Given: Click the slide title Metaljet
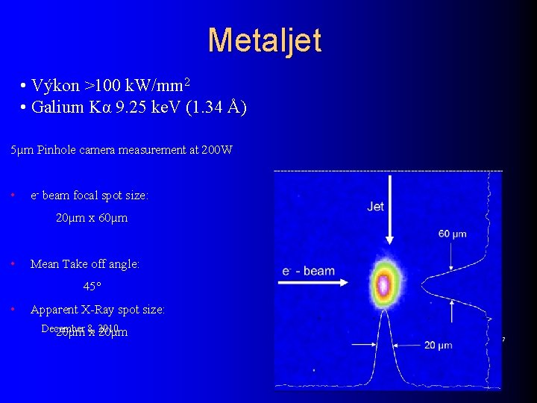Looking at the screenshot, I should (x=265, y=40).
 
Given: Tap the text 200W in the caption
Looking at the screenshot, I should (x=217, y=150).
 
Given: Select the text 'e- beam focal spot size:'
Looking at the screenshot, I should (x=89, y=196).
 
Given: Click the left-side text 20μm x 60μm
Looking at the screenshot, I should (x=92, y=218).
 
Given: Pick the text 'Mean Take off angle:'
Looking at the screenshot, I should (x=85, y=263).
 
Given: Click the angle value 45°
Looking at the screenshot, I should (x=92, y=286).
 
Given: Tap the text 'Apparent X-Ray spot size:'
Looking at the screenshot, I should (x=98, y=309).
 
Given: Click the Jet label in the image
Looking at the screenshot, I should (x=376, y=206).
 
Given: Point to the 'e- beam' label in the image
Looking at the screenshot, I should (x=309, y=270).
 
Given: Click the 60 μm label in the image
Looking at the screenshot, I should (x=452, y=234).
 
